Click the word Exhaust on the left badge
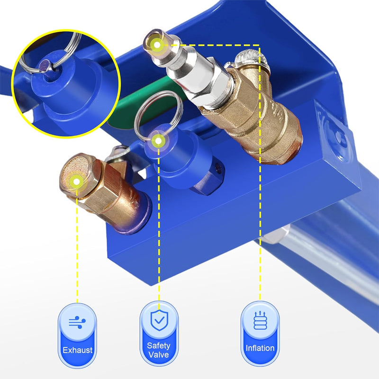(x=77, y=351)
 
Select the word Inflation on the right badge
(x=260, y=348)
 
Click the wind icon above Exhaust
(x=77, y=323)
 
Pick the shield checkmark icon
(x=159, y=320)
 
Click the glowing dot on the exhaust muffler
(x=75, y=180)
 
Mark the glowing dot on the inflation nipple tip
(x=157, y=45)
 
